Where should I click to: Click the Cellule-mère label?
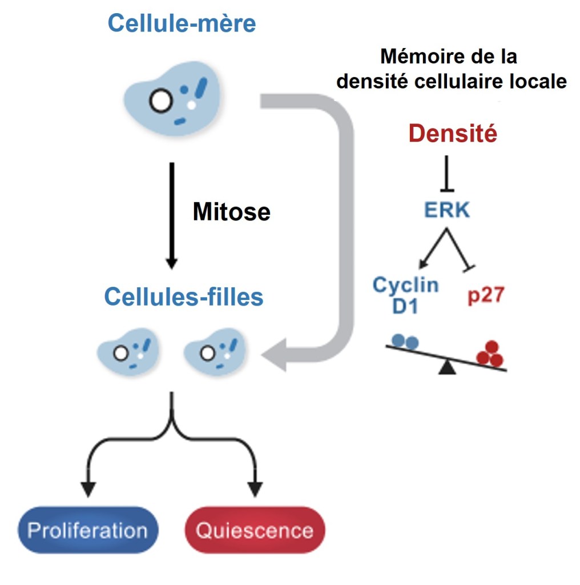[182, 24]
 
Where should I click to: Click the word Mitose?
[231, 212]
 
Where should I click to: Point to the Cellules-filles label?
[183, 297]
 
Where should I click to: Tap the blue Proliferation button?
[87, 530]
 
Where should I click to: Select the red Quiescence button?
[255, 530]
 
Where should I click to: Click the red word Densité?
[453, 134]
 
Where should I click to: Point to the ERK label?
[446, 210]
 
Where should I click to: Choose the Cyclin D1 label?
[405, 295]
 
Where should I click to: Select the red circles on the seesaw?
[490, 354]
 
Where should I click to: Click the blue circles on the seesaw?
[404, 342]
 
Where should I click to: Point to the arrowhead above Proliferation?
[87, 489]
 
